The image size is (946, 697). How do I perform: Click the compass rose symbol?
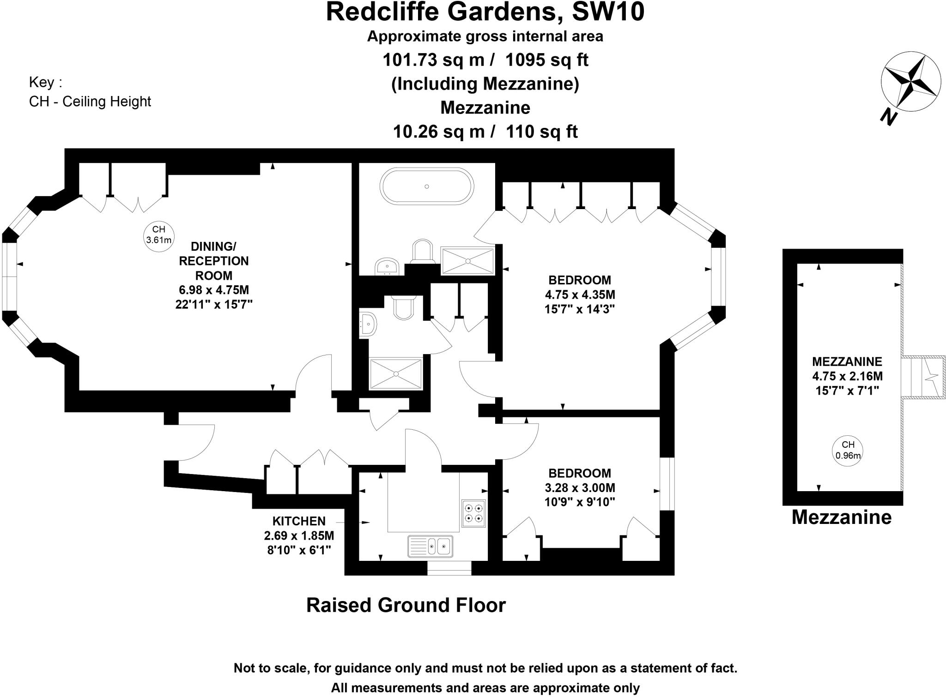[910, 82]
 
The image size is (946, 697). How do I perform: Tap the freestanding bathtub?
[426, 186]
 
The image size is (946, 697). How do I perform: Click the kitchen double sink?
[430, 546]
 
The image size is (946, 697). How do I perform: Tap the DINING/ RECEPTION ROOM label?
[213, 261]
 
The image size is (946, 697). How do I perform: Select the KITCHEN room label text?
[299, 521]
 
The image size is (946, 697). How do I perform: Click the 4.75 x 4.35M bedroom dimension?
[580, 294]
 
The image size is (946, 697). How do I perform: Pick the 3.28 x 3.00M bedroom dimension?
[580, 488]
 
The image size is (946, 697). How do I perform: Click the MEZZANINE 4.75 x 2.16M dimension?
[847, 376]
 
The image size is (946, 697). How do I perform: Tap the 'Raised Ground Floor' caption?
[406, 605]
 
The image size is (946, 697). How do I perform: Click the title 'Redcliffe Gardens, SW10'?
[485, 12]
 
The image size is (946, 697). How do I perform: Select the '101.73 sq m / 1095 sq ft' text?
[485, 60]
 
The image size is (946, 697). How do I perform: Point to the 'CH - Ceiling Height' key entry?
[90, 102]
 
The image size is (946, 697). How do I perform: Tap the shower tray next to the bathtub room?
[467, 260]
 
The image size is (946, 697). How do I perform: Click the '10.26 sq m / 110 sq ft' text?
[485, 132]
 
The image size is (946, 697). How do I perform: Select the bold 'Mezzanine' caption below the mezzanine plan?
[841, 517]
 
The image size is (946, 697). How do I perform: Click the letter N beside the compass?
[888, 117]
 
